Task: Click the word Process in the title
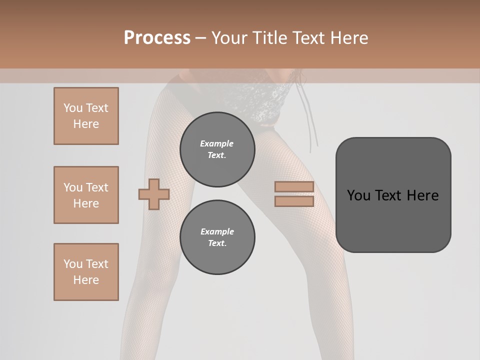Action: click(x=157, y=38)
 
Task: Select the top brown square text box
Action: click(x=86, y=116)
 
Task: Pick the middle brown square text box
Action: click(x=86, y=195)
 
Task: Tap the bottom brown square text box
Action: click(x=86, y=272)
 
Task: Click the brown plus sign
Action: click(x=154, y=193)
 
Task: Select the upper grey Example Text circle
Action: click(x=217, y=149)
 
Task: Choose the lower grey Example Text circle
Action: click(x=217, y=237)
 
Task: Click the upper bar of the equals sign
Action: click(x=294, y=186)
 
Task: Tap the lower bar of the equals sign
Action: click(x=294, y=201)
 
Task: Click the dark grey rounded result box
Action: click(x=393, y=195)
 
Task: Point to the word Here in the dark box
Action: click(x=422, y=195)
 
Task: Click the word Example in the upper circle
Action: click(x=217, y=143)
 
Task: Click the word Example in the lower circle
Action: click(x=217, y=231)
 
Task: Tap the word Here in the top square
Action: click(x=86, y=124)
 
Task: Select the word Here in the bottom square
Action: click(x=86, y=280)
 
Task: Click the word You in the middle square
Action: click(x=72, y=187)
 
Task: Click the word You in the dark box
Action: click(x=358, y=195)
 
